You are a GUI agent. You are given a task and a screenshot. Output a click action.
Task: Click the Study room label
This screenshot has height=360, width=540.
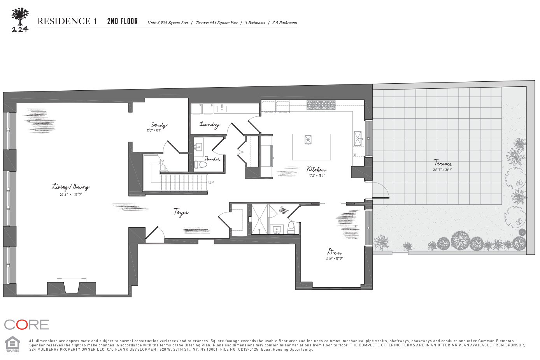(x=159, y=125)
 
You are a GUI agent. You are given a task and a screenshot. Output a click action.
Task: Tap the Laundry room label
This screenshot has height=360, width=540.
(x=209, y=125)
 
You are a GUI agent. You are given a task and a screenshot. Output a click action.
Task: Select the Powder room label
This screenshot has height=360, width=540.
(x=212, y=159)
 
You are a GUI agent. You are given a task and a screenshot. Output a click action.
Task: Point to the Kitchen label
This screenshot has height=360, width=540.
(x=316, y=169)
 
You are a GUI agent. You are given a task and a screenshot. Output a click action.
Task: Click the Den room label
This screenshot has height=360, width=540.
(x=334, y=252)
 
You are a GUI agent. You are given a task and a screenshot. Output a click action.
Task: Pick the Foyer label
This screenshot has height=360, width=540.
(x=181, y=212)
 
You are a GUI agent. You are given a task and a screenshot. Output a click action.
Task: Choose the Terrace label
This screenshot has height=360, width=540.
(x=443, y=163)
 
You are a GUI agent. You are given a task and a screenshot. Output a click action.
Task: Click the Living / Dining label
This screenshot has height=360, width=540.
(x=71, y=187)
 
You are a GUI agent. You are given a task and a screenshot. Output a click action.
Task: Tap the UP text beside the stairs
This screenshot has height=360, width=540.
(x=211, y=183)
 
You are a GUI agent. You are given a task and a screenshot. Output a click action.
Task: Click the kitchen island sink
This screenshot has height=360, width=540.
(x=308, y=139)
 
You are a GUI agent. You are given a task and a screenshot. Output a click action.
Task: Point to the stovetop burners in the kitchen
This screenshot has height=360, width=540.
(x=321, y=104)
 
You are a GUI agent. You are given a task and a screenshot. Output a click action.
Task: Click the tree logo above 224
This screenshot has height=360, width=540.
(x=20, y=16)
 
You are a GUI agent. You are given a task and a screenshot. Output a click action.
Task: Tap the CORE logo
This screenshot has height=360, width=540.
(x=26, y=325)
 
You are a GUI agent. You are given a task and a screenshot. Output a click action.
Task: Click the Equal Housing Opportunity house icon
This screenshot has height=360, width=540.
(x=12, y=344)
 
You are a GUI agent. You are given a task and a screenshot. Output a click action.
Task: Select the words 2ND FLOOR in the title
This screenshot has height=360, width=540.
(x=123, y=21)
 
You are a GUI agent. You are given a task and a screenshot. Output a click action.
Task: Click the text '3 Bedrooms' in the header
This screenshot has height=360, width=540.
(x=255, y=23)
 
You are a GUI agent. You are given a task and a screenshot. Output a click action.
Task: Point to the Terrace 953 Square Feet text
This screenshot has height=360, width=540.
(x=216, y=23)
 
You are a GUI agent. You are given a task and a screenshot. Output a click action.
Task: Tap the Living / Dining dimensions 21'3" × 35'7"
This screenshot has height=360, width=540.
(x=71, y=195)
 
